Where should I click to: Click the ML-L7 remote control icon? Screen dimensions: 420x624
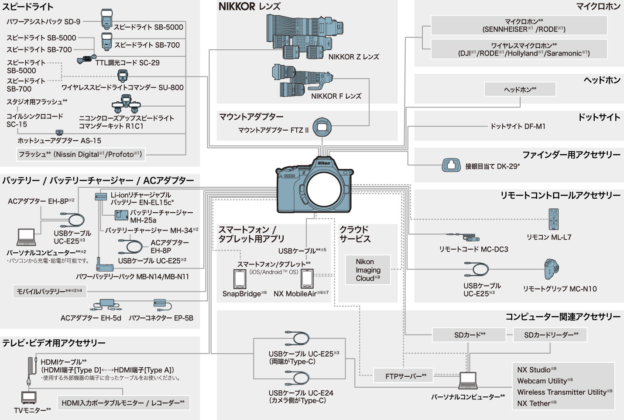click(x=553, y=219)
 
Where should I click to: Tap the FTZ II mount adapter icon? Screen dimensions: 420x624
click(x=322, y=127)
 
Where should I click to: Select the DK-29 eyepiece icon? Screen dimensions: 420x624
click(x=451, y=165)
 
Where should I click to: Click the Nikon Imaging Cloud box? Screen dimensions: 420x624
click(x=367, y=270)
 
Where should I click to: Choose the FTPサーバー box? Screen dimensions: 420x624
click(x=405, y=376)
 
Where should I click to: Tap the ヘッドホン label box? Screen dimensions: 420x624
click(x=520, y=90)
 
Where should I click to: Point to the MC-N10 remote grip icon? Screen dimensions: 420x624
click(x=552, y=269)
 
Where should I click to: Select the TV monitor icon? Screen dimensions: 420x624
click(x=29, y=398)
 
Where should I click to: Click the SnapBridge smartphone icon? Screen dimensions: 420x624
click(x=239, y=279)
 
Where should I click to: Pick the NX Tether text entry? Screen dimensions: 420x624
click(x=536, y=403)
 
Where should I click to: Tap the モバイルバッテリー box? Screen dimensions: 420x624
click(x=49, y=291)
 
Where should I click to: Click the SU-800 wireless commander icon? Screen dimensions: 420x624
click(x=123, y=76)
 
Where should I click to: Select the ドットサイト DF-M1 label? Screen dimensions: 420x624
click(x=518, y=126)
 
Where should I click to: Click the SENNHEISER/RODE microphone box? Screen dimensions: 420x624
click(x=519, y=25)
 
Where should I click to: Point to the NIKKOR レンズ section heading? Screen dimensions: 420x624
click(x=250, y=7)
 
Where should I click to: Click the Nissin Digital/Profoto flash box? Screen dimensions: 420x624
click(x=80, y=154)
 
